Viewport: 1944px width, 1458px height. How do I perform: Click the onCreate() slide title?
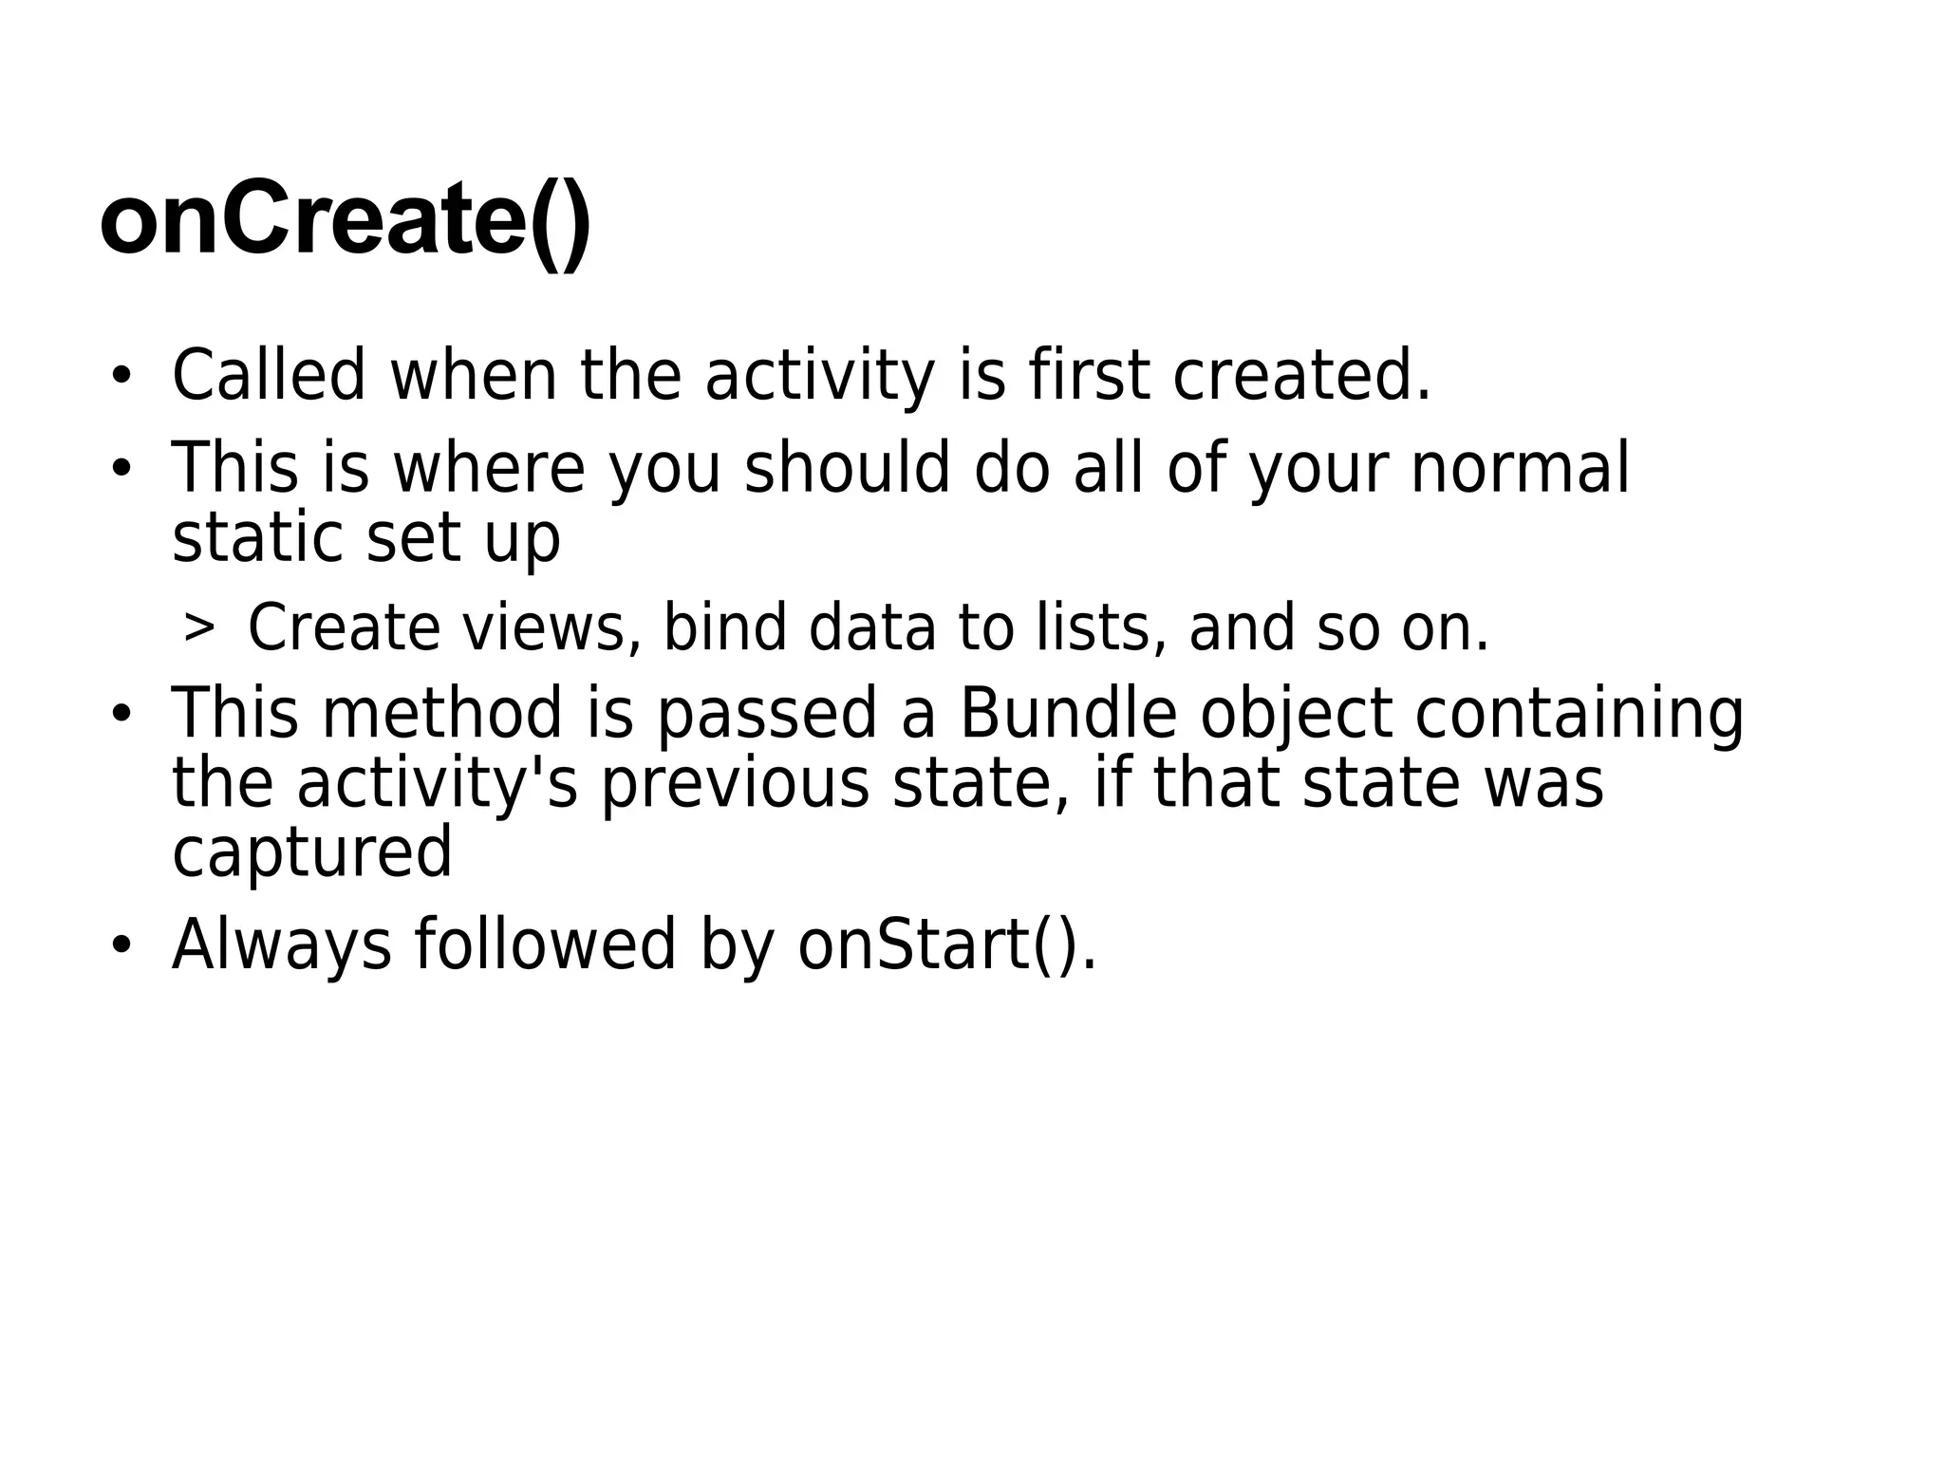tap(346, 221)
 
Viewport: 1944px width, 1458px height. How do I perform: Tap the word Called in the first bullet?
tap(269, 375)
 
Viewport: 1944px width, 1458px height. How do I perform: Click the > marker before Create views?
tap(198, 626)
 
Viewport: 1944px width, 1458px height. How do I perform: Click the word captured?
tap(311, 851)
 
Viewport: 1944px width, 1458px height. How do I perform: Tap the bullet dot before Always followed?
tap(120, 945)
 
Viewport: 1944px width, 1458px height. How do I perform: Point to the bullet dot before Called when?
tap(120, 377)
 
